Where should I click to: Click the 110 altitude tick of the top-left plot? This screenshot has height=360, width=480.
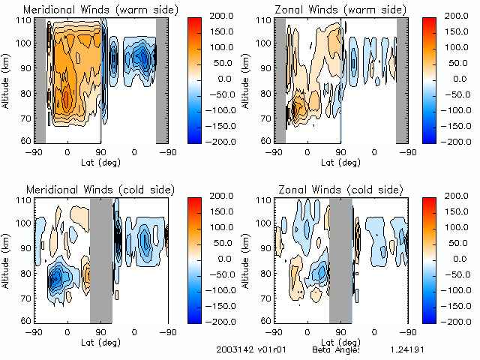tap(23, 19)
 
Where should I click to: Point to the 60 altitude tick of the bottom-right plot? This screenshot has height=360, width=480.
tap(265, 321)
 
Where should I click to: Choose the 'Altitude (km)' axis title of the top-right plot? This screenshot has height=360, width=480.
tap(246, 79)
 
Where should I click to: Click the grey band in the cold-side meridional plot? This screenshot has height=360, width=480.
tap(100, 259)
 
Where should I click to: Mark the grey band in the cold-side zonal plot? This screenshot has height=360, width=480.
tap(340, 259)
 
